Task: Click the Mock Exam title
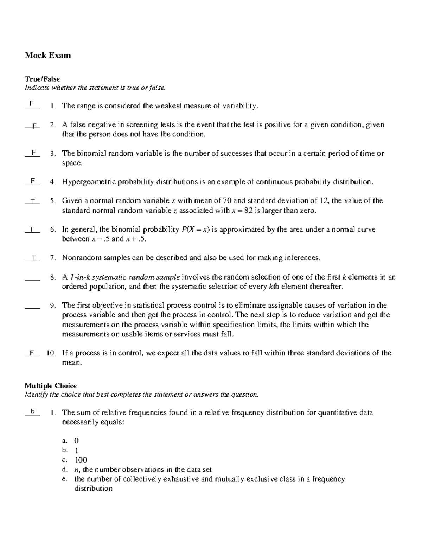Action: click(47, 55)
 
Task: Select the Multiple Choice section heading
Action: click(51, 386)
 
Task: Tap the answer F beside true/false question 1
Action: click(32, 104)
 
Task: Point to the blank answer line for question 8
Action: click(32, 279)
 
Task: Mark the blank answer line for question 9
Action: click(32, 308)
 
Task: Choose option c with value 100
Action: click(81, 460)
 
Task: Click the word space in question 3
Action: click(71, 163)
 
